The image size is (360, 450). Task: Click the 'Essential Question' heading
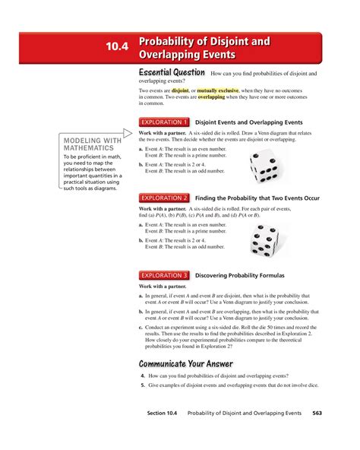(172, 73)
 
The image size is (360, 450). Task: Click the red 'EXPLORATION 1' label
(163, 122)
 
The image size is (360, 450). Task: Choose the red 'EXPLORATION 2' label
(163, 197)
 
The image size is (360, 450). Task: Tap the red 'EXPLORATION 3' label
(163, 275)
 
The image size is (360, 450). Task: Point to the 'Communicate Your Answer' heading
(185, 363)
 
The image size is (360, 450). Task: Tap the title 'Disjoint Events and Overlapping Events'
(249, 122)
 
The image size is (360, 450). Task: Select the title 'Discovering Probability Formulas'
(243, 275)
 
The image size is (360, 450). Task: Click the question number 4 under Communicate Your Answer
(142, 376)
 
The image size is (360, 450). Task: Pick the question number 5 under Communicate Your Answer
(142, 386)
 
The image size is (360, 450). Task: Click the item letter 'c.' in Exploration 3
(141, 328)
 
